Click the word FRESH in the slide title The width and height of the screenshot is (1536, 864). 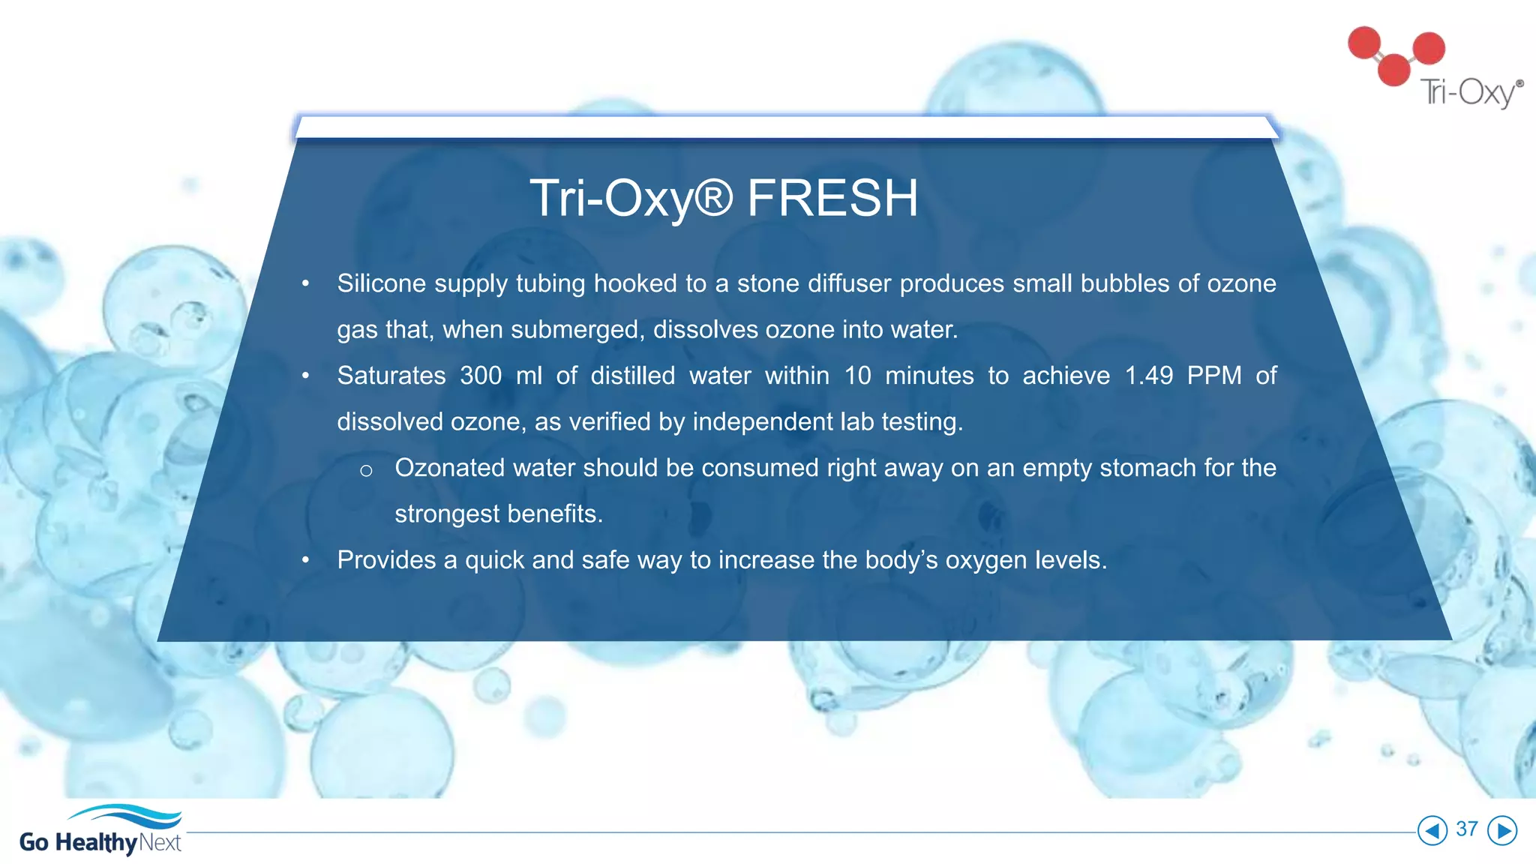[x=832, y=199]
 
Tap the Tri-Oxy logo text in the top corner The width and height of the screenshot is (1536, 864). [x=1470, y=93]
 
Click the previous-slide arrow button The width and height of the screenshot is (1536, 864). [x=1432, y=830]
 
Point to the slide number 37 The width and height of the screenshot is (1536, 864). [x=1467, y=829]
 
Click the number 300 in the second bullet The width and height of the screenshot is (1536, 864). [x=480, y=375]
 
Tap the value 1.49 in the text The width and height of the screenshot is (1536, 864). [x=1148, y=375]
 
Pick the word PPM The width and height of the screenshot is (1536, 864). [x=1214, y=375]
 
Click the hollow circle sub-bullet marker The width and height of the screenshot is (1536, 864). [x=366, y=471]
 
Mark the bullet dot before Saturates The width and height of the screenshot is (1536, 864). [x=305, y=376]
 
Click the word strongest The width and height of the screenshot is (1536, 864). [x=447, y=514]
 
